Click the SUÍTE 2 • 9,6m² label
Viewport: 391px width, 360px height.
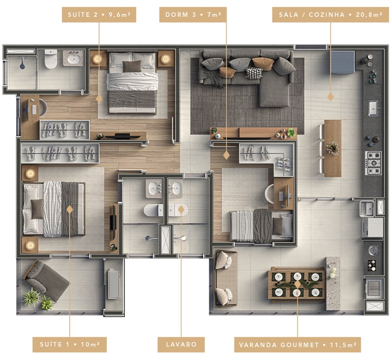(99, 14)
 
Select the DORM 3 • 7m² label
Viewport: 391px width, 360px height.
(193, 14)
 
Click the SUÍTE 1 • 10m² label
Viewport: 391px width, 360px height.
(69, 345)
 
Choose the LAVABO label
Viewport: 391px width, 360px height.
(181, 345)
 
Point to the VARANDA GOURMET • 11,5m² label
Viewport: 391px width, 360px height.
(297, 345)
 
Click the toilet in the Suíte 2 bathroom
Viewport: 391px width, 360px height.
(51, 59)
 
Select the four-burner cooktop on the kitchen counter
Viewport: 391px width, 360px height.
(374, 163)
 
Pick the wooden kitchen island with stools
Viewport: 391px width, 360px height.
(333, 148)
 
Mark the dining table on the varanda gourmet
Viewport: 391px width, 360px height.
(297, 284)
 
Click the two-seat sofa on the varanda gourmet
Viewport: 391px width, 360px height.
(224, 279)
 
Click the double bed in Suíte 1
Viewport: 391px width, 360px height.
(54, 208)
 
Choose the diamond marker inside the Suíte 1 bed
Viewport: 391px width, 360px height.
(69, 209)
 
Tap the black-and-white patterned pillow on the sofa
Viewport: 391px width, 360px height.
(254, 73)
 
